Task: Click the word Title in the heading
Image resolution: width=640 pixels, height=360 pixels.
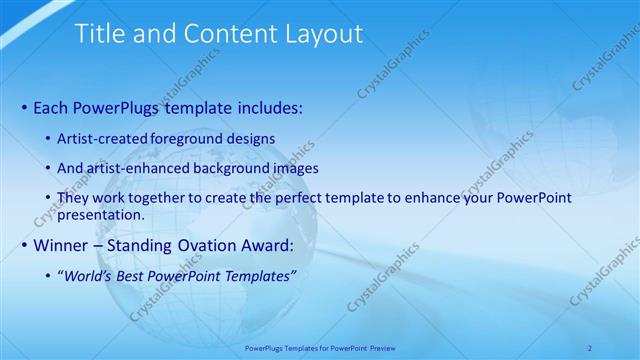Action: [101, 34]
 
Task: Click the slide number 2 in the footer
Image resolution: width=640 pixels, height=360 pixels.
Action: [590, 348]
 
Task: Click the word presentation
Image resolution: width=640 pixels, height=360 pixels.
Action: [102, 214]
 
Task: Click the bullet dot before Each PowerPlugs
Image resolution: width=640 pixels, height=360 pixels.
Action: [24, 106]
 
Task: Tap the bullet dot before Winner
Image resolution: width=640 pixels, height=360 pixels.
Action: [24, 245]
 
